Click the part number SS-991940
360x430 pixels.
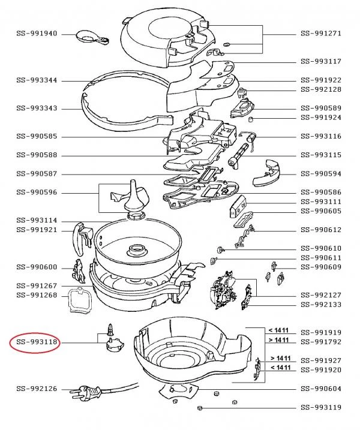point(37,34)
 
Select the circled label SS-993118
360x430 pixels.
point(37,343)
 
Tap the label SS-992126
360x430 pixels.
point(37,389)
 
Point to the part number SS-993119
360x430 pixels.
point(320,408)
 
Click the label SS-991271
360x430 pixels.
point(320,34)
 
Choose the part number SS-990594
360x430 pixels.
point(320,173)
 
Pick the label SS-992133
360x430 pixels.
point(320,305)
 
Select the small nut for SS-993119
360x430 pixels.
point(199,408)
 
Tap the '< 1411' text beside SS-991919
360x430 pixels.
point(278,330)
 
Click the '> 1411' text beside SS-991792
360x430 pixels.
point(278,340)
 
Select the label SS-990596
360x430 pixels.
point(37,193)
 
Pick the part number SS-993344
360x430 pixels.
point(37,80)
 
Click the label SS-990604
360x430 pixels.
point(320,389)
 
